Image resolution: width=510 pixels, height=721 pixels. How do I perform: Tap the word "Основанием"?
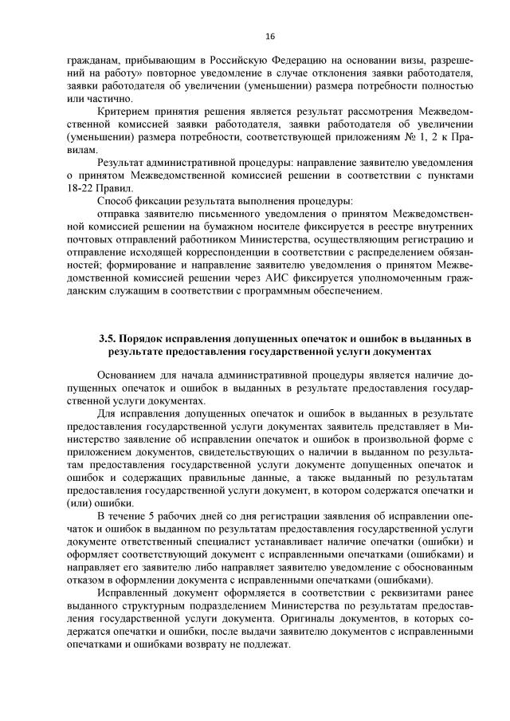131,376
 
